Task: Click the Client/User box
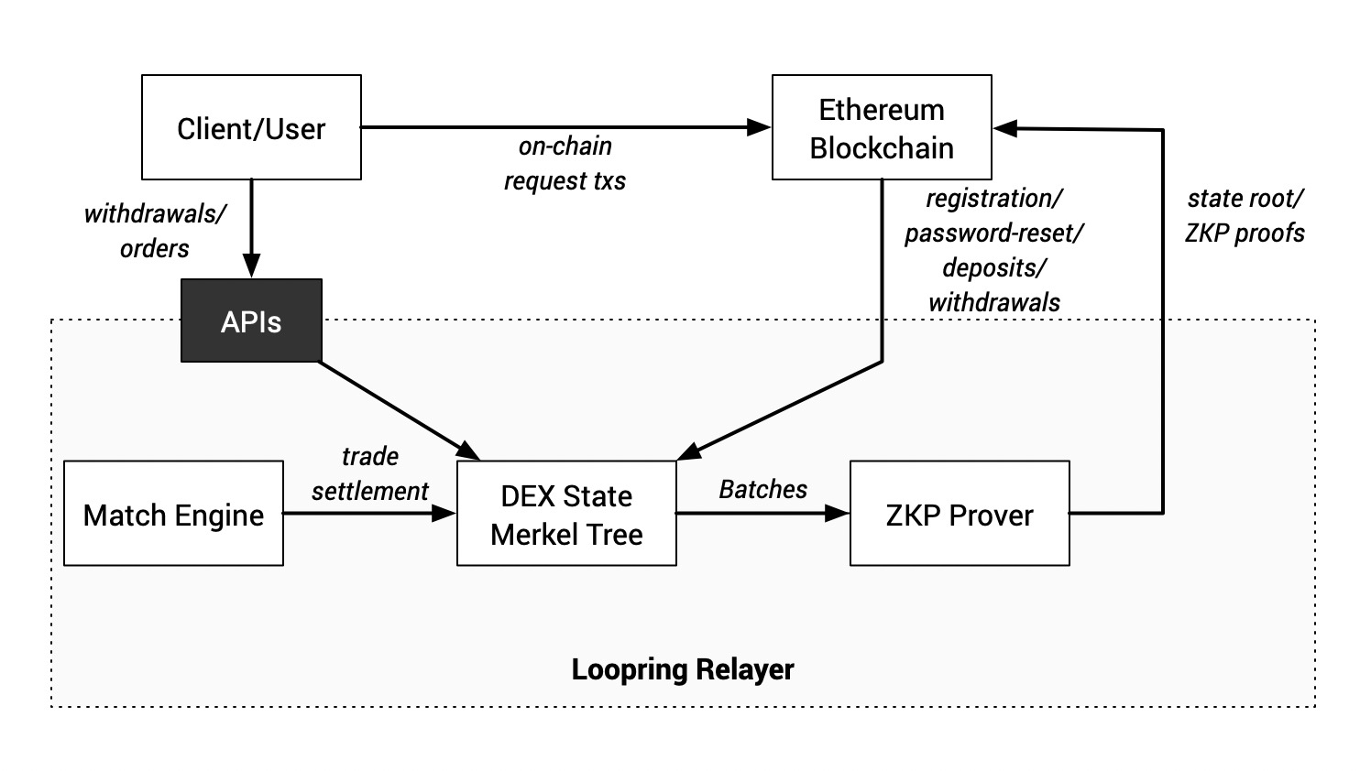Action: [251, 127]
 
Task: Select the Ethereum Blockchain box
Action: [881, 127]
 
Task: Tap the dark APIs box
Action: [251, 321]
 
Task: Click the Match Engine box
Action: [173, 514]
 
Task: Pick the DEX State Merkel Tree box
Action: [566, 514]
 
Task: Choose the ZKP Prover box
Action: [959, 514]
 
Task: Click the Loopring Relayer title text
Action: [682, 669]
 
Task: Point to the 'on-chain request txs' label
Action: [565, 163]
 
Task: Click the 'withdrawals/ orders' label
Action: [154, 231]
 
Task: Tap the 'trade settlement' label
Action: [369, 473]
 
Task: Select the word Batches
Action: [762, 489]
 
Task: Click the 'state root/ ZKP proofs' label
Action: [1245, 215]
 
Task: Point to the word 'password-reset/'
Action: [993, 233]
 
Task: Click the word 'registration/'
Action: [993, 198]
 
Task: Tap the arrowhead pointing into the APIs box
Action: [251, 267]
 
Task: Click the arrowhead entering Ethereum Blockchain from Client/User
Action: [760, 127]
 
